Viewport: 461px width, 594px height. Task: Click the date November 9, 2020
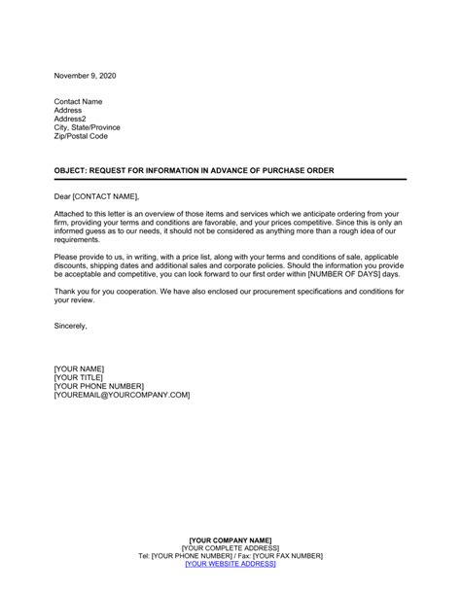[85, 74]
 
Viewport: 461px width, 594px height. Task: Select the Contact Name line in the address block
[81, 102]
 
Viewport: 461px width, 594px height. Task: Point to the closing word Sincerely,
[71, 326]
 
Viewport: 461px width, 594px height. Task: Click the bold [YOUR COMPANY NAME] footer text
[230, 540]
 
